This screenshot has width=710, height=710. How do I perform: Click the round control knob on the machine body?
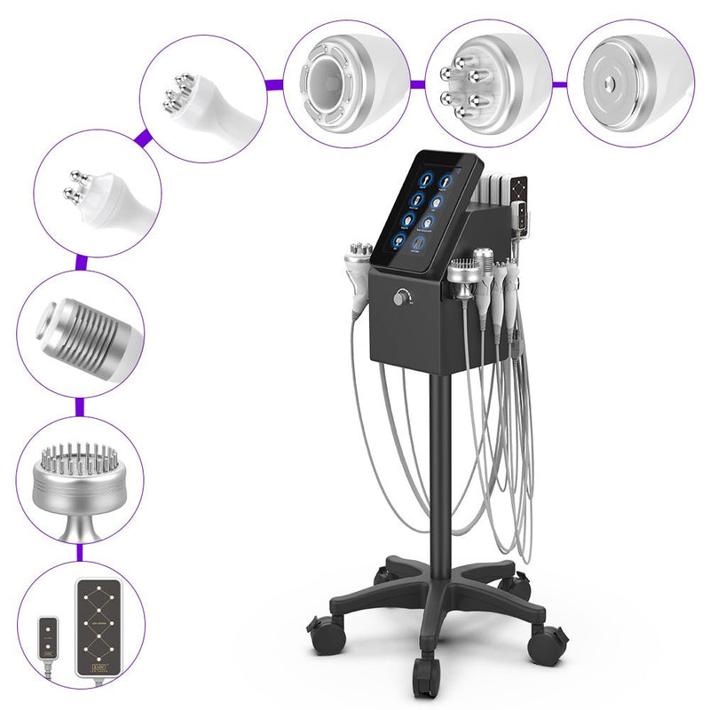point(406,299)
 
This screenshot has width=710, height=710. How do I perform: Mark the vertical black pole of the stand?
point(435,461)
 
